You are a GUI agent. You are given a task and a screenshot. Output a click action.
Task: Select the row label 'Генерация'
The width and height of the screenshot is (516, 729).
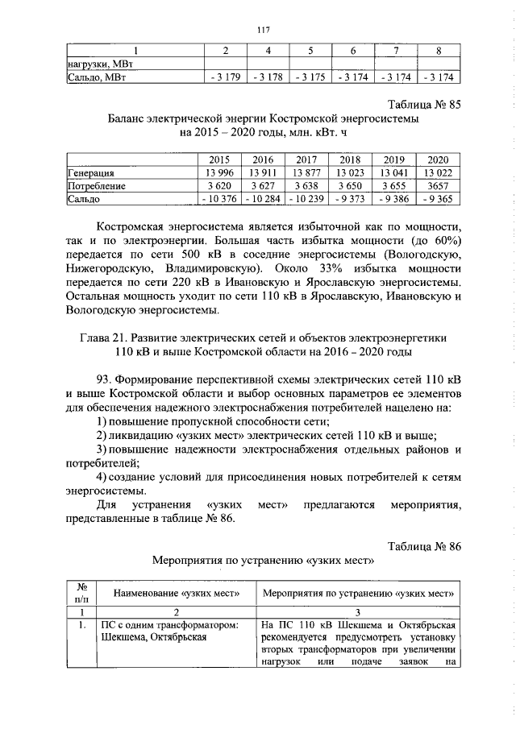click(x=90, y=172)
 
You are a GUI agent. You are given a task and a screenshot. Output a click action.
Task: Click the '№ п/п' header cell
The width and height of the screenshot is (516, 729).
click(x=81, y=594)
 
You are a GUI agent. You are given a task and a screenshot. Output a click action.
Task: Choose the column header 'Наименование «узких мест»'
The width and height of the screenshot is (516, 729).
click(x=177, y=594)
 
